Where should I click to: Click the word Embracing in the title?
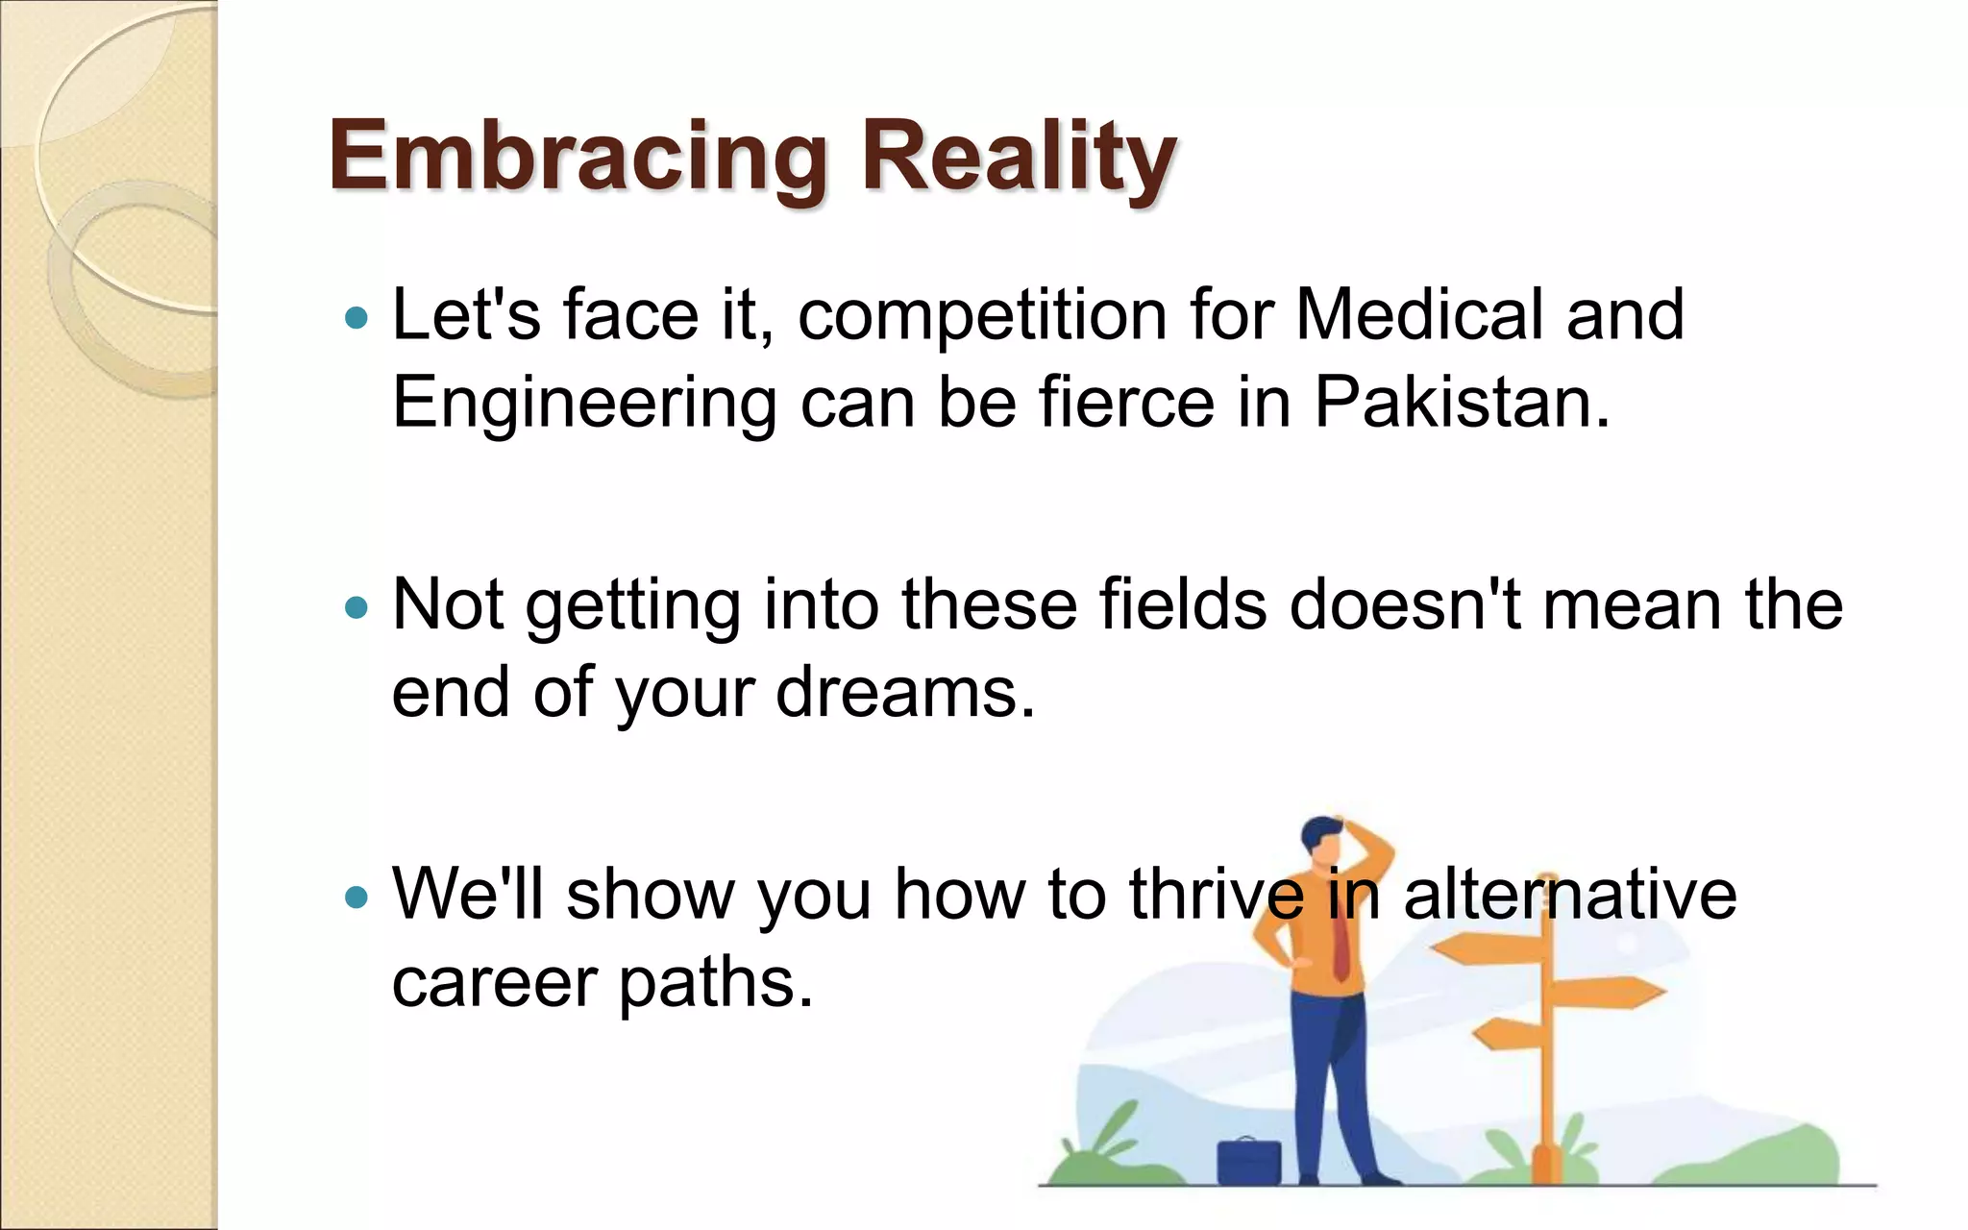coord(577,156)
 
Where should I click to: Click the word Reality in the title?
coord(1019,156)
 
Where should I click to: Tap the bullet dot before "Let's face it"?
coord(357,317)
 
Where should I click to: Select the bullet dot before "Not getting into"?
coord(357,607)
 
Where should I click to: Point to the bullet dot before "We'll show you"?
coord(357,898)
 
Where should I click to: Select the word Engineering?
coord(584,404)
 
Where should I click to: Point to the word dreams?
coord(905,692)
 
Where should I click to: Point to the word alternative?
coord(1570,894)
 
